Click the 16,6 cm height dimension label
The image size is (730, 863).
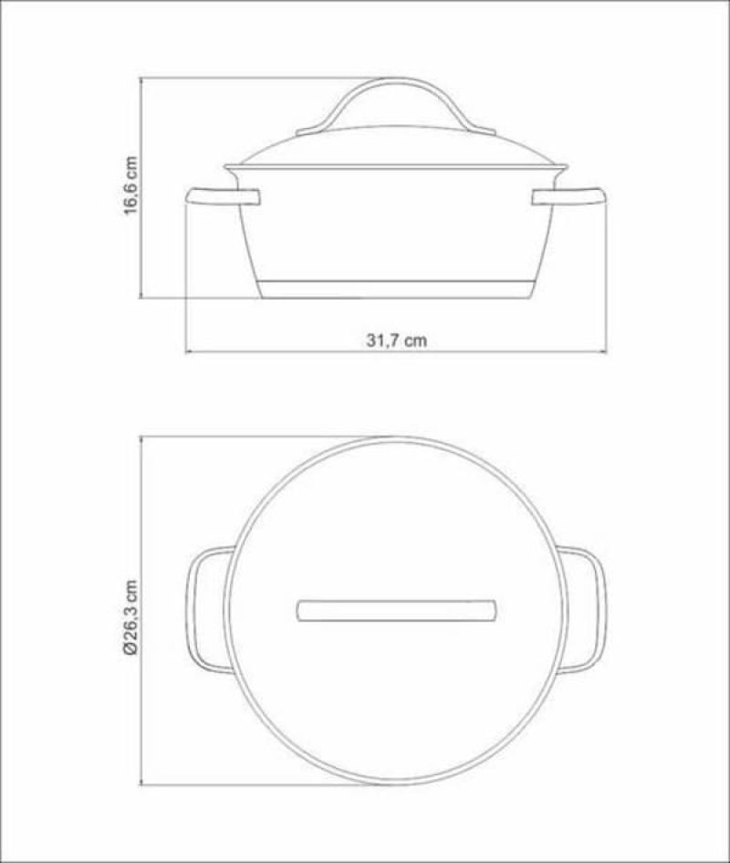click(x=130, y=186)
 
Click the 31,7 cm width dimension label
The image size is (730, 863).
click(x=396, y=340)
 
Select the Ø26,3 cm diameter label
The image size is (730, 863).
click(x=130, y=618)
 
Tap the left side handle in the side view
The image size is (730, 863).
click(x=223, y=197)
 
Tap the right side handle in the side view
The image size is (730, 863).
click(x=569, y=197)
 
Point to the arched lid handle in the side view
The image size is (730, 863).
click(x=395, y=80)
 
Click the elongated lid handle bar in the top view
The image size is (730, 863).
click(x=396, y=610)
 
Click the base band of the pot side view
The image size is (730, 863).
click(x=396, y=289)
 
